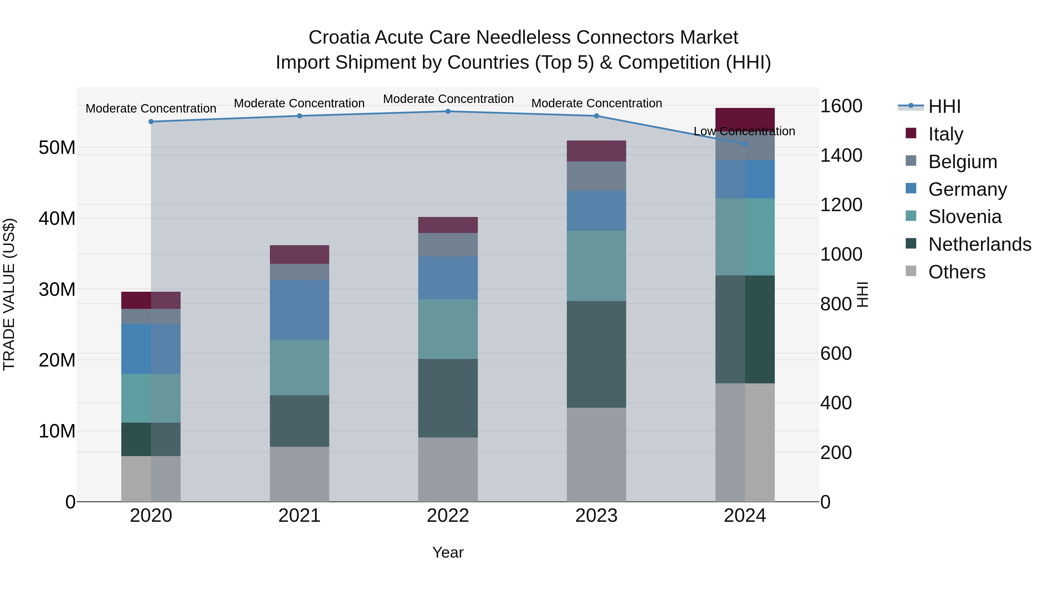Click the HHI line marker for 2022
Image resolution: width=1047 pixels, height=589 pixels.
(448, 111)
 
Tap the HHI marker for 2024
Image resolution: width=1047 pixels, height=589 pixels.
(745, 144)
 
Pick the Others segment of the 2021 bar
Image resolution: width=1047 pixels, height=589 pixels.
(300, 474)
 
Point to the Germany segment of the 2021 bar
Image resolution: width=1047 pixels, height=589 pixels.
(300, 310)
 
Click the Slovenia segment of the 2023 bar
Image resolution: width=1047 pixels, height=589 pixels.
(596, 266)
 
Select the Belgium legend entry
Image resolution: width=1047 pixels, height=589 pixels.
(962, 162)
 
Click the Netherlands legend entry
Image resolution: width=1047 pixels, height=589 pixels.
(980, 244)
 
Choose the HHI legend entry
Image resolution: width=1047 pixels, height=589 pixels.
(944, 106)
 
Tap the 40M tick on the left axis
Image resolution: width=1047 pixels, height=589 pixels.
(57, 219)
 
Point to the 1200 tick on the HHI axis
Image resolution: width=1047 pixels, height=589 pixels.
(841, 205)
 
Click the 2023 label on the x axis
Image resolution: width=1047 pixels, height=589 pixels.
(596, 516)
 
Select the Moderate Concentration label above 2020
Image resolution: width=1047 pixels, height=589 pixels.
(151, 108)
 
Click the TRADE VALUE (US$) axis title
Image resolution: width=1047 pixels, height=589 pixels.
(9, 294)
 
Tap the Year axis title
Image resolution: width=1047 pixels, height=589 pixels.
(448, 552)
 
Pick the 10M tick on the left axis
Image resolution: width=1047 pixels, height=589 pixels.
(57, 431)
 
